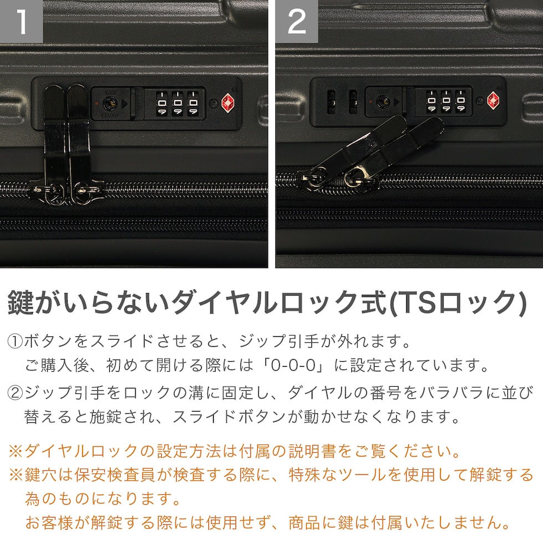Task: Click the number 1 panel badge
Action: pos(21,21)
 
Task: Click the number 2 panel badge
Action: pos(297,21)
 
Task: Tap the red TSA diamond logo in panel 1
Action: pos(228,103)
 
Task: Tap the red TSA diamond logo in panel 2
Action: pos(493,101)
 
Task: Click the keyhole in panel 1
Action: pos(110,103)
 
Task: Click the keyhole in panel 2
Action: pos(382,101)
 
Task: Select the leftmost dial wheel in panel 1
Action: pos(162,103)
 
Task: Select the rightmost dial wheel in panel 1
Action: pos(193,103)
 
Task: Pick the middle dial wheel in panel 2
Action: pos(446,101)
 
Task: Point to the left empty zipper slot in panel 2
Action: pos(331,102)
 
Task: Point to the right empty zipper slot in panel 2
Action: pos(352,102)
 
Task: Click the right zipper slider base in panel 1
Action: pos(86,192)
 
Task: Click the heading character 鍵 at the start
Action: pos(21,303)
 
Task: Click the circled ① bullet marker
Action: pos(15,341)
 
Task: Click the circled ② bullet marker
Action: pos(15,393)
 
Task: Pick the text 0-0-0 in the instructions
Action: pos(293,365)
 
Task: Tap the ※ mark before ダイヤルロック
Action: pos(16,451)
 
